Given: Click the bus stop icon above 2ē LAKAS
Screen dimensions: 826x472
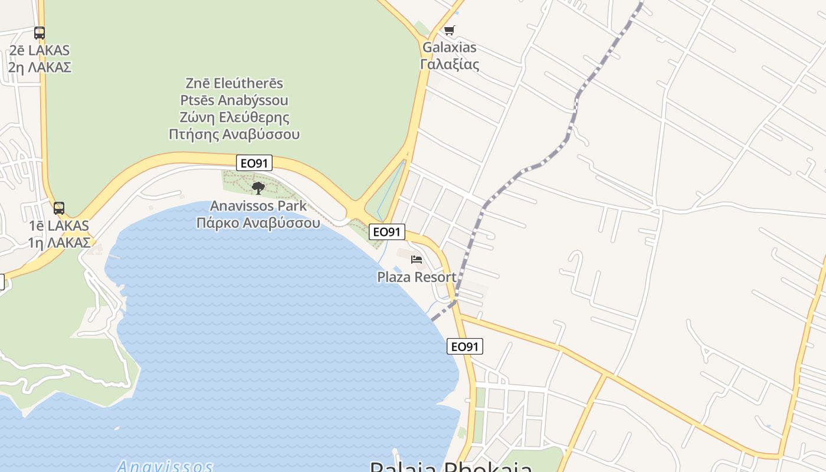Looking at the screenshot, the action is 40,33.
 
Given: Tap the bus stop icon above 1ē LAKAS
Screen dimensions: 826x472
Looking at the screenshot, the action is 59,208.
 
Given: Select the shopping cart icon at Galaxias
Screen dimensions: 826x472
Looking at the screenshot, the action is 449,30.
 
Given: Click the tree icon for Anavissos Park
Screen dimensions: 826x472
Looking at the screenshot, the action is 258,188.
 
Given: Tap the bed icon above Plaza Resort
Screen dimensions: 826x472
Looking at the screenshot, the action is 417,260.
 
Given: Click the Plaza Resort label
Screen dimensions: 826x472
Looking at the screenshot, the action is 417,277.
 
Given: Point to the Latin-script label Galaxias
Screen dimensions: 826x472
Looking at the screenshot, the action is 449,47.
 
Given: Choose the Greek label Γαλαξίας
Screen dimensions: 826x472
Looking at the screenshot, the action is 449,64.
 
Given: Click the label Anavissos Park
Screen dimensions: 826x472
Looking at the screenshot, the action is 258,206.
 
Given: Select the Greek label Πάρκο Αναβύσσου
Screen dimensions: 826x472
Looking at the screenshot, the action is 258,222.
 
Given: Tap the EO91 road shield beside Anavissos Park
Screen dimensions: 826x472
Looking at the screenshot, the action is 254,163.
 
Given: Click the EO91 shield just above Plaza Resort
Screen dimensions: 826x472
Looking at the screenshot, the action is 387,232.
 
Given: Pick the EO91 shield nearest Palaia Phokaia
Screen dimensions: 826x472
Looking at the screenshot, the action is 464,346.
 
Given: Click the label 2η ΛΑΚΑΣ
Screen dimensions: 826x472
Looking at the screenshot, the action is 40,67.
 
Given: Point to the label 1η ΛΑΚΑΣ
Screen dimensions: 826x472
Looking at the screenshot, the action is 59,242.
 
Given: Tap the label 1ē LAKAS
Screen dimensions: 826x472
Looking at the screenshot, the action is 59,225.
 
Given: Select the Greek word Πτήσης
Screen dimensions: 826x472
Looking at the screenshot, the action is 194,134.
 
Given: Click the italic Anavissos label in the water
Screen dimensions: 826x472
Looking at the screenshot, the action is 165,466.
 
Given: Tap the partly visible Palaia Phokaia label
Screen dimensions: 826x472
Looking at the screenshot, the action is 451,467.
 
